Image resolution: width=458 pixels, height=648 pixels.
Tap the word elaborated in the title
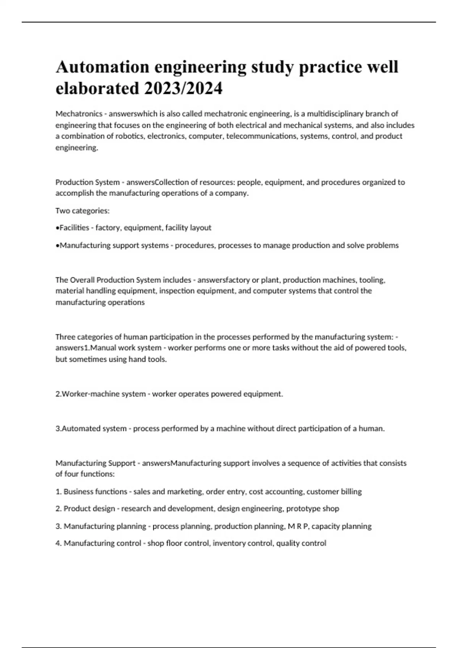tap(97, 89)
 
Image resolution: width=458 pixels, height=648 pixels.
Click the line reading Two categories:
tap(82, 211)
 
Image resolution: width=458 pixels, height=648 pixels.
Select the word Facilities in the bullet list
tap(74, 228)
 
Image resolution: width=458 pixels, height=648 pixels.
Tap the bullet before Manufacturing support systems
tap(57, 245)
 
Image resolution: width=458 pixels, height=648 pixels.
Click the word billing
tap(352, 492)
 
